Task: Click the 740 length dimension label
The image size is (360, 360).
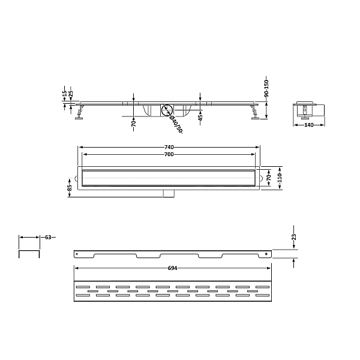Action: pyautogui.click(x=169, y=147)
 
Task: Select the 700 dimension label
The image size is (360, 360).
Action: pyautogui.click(x=169, y=155)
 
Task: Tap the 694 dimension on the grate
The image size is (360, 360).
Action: pyautogui.click(x=172, y=268)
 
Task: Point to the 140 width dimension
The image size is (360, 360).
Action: pyautogui.click(x=309, y=125)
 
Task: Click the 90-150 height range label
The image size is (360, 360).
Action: pyautogui.click(x=266, y=88)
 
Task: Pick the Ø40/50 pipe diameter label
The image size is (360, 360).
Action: pyautogui.click(x=176, y=124)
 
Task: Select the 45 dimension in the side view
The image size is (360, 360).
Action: pyautogui.click(x=200, y=118)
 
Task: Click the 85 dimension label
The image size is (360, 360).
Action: pyautogui.click(x=70, y=188)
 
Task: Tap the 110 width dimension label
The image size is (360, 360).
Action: pyautogui.click(x=280, y=178)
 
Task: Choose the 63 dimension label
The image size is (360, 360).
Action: pyautogui.click(x=48, y=237)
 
